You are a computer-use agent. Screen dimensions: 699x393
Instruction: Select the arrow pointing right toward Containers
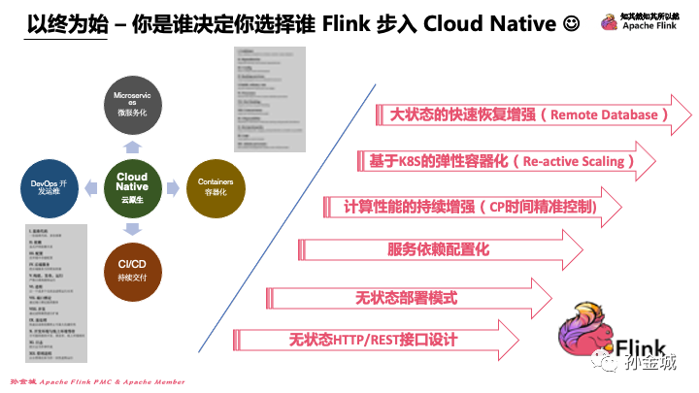(x=173, y=182)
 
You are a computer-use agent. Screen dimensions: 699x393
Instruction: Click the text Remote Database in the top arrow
(x=608, y=115)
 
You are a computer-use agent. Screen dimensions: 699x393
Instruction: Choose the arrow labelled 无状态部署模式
(x=408, y=295)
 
